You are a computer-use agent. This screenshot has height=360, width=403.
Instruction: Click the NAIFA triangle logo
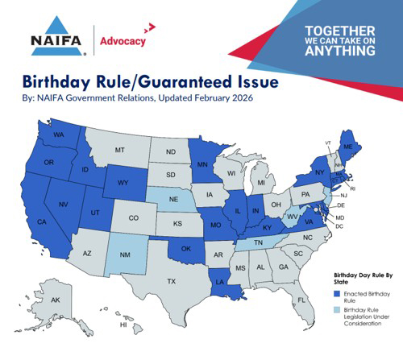[x=57, y=36]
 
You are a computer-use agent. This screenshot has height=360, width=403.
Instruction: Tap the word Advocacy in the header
[x=124, y=40]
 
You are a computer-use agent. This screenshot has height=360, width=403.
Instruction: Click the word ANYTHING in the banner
[x=339, y=51]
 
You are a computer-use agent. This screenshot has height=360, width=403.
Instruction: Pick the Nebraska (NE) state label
[x=172, y=197]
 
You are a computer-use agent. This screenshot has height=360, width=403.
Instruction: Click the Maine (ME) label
[x=350, y=148]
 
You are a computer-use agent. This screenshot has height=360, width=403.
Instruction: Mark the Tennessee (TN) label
[x=259, y=242]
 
